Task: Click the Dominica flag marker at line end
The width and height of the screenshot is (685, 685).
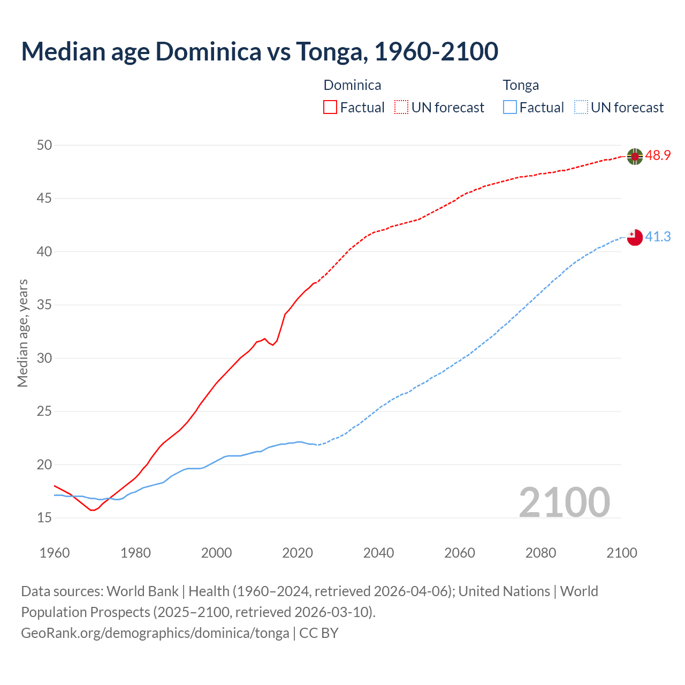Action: [x=634, y=156]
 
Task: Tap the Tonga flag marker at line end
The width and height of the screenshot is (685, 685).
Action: [x=634, y=237]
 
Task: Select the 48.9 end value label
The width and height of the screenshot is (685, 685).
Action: [x=658, y=156]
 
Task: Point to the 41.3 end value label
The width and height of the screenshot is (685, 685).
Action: [x=658, y=237]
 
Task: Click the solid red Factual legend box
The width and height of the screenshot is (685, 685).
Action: [x=330, y=108]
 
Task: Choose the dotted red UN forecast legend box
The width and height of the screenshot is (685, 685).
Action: [x=401, y=108]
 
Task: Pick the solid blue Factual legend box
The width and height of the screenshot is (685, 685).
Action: [x=510, y=108]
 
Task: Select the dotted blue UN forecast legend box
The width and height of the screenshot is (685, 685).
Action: [x=581, y=108]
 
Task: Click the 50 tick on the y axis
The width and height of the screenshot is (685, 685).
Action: [x=44, y=145]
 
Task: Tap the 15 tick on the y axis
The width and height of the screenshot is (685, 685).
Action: [x=44, y=517]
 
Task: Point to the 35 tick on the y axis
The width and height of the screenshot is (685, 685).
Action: [x=44, y=305]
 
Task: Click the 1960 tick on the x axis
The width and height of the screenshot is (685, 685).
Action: [x=55, y=553]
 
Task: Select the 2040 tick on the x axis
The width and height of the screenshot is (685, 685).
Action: [x=378, y=553]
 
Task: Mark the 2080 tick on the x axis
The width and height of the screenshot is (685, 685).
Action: [x=541, y=553]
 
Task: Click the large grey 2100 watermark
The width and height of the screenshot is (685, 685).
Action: [x=564, y=502]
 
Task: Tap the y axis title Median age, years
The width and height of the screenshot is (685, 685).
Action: [x=22, y=333]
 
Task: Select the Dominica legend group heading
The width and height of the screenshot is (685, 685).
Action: [x=352, y=85]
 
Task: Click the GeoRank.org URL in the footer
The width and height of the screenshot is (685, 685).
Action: [x=155, y=633]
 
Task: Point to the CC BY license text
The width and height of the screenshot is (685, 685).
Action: [x=319, y=633]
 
